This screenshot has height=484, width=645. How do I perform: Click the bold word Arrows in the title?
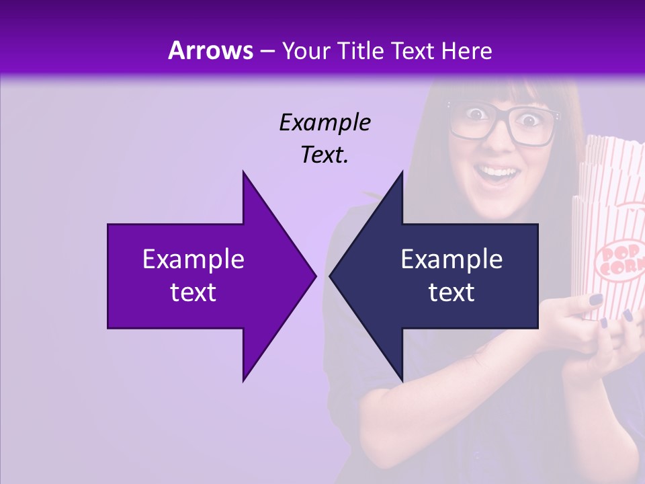211,50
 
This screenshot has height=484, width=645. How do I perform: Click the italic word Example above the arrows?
325,122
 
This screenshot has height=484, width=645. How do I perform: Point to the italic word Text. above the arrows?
325,155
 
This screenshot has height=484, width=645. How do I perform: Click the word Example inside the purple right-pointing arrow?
193,259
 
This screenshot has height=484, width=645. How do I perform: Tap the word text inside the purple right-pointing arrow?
193,292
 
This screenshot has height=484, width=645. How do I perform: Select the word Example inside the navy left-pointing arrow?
451,259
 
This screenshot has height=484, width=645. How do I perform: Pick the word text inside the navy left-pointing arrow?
451,292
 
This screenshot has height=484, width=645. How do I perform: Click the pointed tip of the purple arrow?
314,276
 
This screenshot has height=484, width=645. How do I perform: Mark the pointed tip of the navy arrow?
331,276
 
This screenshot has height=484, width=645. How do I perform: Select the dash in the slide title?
267,52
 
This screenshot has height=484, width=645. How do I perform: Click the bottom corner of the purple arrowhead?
243,380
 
